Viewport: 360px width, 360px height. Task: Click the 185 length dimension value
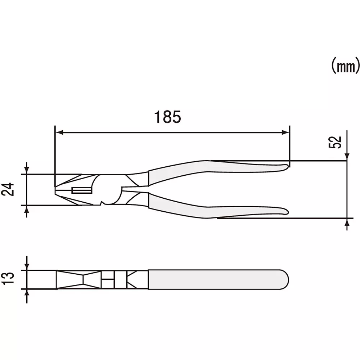click(167, 117)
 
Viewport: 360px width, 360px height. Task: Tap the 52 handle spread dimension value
click(334, 142)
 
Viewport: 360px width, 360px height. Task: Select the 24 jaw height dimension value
click(11, 189)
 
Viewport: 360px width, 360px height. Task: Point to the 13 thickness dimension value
click(11, 279)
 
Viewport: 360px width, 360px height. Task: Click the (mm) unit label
click(345, 66)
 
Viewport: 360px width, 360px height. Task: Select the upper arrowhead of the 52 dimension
click(347, 156)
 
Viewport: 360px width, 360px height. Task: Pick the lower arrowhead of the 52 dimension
click(347, 223)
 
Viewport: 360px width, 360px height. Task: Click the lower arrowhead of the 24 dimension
click(26, 210)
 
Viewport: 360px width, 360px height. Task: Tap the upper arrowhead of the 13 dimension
click(27, 266)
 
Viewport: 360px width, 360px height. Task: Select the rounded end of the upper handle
click(287, 166)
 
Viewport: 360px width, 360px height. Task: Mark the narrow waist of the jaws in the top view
click(84, 279)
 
